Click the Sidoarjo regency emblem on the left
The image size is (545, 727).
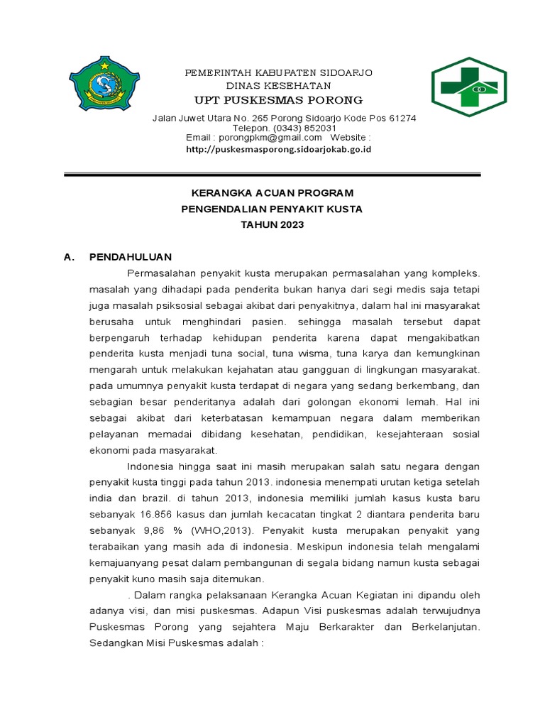click(104, 84)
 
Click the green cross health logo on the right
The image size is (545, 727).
click(469, 86)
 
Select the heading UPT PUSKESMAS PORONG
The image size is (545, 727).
click(279, 99)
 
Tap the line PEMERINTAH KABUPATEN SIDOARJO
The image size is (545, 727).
click(279, 73)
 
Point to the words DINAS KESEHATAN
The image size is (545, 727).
click(279, 85)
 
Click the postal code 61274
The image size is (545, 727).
click(401, 118)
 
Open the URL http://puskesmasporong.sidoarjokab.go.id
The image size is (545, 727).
click(279, 149)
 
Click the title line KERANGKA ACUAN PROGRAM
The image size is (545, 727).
click(273, 193)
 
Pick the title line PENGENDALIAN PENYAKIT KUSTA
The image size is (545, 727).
click(273, 209)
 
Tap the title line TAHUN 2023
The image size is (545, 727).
click(273, 224)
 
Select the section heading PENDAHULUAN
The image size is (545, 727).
click(131, 256)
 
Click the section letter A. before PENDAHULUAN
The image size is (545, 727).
click(70, 256)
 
